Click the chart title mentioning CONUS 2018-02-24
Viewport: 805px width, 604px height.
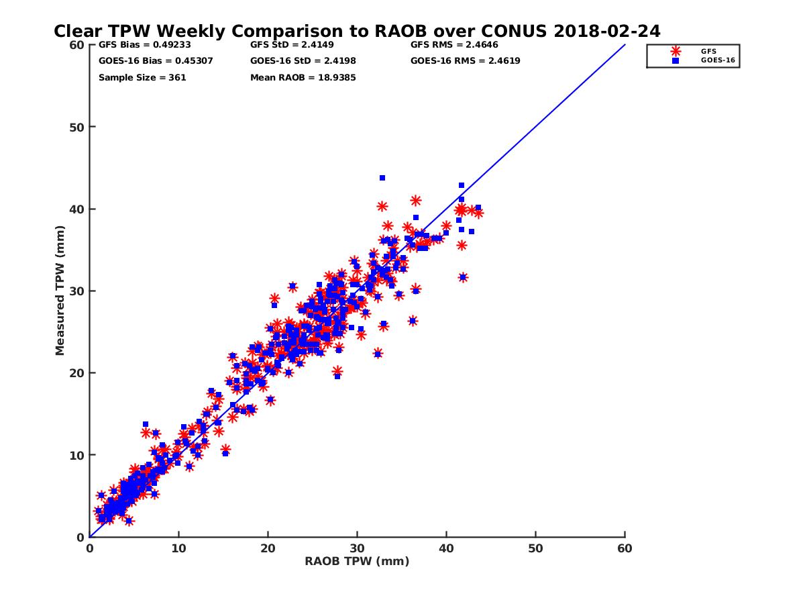pyautogui.click(x=357, y=32)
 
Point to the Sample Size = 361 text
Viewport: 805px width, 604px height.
pyautogui.click(x=142, y=77)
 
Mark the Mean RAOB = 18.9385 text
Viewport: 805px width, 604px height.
pyautogui.click(x=303, y=77)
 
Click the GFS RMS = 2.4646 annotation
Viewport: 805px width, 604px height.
pyautogui.click(x=453, y=45)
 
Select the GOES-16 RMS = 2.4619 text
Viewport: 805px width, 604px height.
pyautogui.click(x=465, y=61)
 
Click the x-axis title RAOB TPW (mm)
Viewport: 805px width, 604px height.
pyautogui.click(x=357, y=562)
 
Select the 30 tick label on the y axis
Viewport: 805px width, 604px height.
pyautogui.click(x=76, y=291)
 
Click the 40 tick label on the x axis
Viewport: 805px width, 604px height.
pyautogui.click(x=446, y=549)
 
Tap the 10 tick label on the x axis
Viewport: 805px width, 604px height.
pyautogui.click(x=178, y=549)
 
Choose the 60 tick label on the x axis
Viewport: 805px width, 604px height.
pyautogui.click(x=625, y=549)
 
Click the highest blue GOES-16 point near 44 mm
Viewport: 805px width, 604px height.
pyautogui.click(x=382, y=178)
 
